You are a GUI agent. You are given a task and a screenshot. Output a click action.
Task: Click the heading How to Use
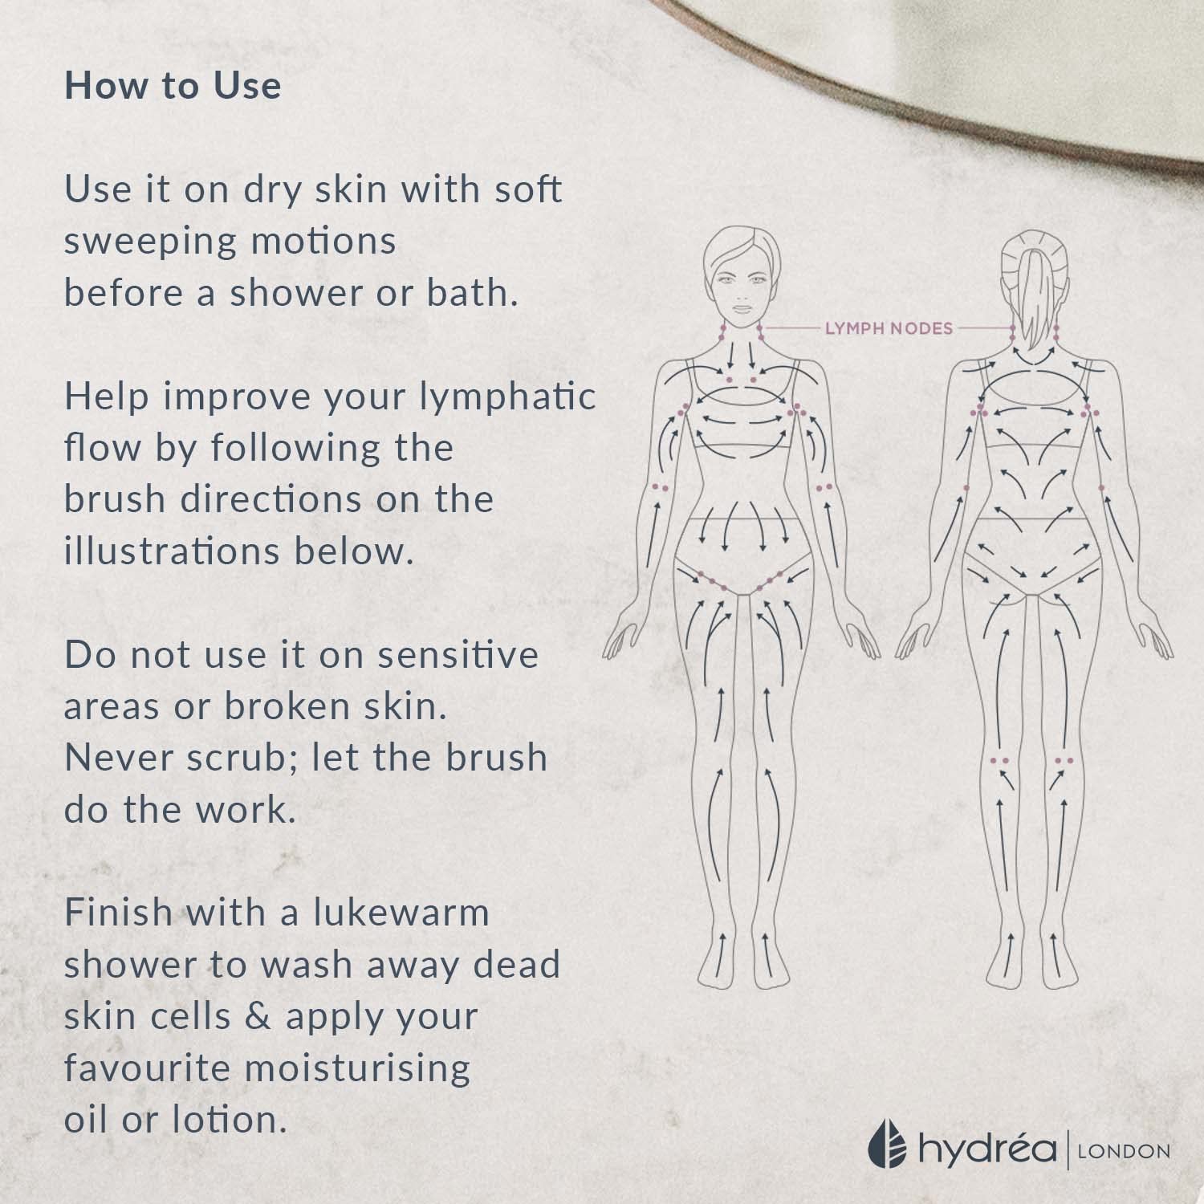point(173,87)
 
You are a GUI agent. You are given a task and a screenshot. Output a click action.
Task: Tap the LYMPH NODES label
point(889,328)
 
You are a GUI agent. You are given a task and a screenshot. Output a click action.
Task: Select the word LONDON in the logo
point(1124,1151)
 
